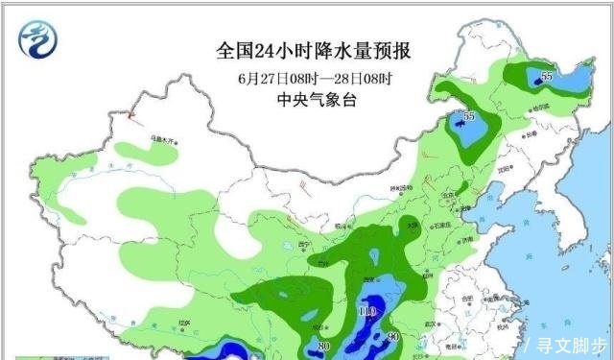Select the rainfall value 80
324,345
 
